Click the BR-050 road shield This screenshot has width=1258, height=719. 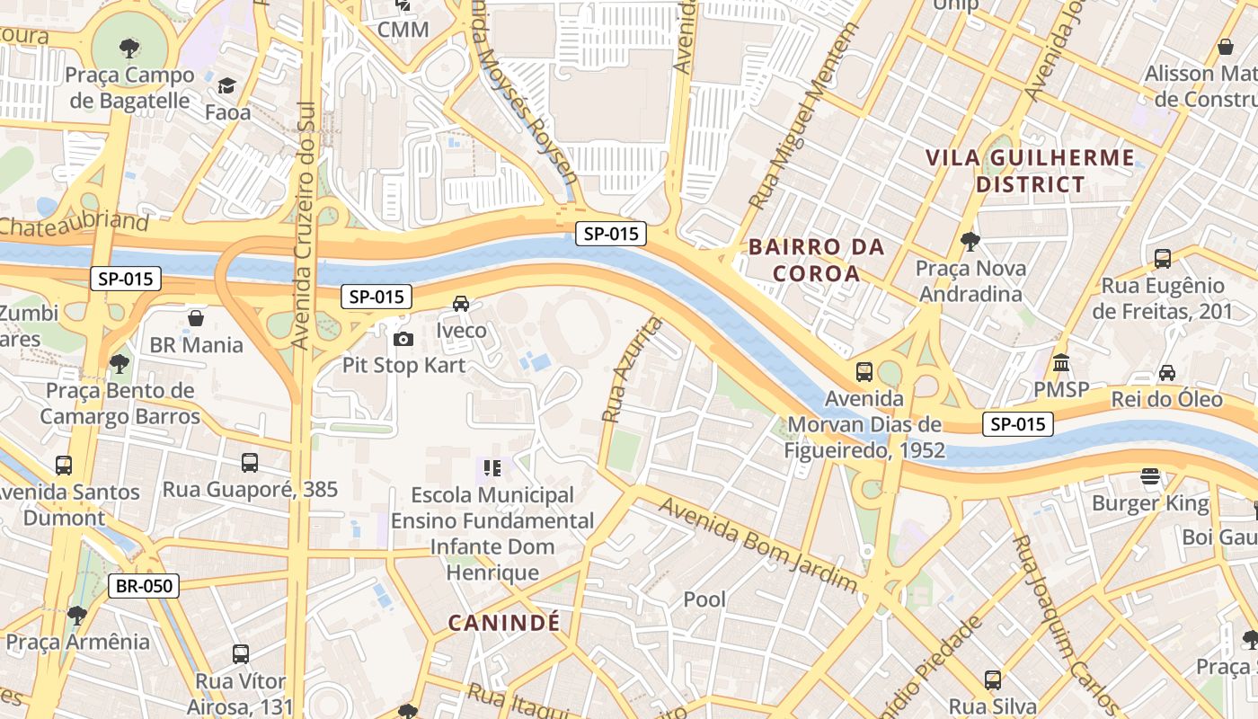(144, 587)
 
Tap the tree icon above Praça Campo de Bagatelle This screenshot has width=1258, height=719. (129, 48)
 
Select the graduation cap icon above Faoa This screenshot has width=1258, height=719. (226, 86)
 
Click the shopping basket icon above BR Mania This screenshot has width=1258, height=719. (196, 318)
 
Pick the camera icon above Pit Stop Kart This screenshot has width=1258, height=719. (403, 339)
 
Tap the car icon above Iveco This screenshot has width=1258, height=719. (461, 304)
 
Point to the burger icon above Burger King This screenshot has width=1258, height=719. (1150, 476)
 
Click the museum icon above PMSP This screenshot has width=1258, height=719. (1061, 363)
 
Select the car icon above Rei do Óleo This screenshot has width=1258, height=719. (1166, 372)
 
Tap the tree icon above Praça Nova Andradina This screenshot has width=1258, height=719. (970, 241)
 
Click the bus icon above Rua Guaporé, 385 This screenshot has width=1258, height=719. (250, 463)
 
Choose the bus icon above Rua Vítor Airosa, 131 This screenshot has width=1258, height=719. (240, 654)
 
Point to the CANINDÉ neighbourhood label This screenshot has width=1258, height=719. (503, 622)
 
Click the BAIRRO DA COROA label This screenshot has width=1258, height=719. (816, 260)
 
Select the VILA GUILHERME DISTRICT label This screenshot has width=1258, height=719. (1030, 171)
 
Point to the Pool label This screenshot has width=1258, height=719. (704, 599)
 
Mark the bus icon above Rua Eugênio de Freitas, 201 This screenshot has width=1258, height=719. (1162, 259)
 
